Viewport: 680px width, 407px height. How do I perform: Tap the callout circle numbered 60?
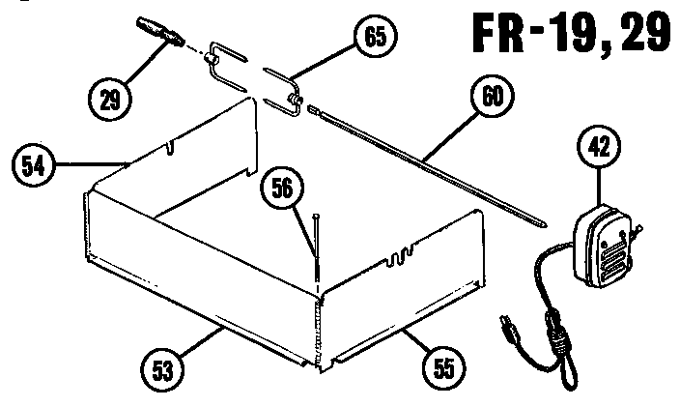click(x=493, y=98)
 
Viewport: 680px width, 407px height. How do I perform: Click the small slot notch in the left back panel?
click(x=170, y=148)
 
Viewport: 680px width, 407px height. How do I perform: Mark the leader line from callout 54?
click(x=92, y=164)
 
